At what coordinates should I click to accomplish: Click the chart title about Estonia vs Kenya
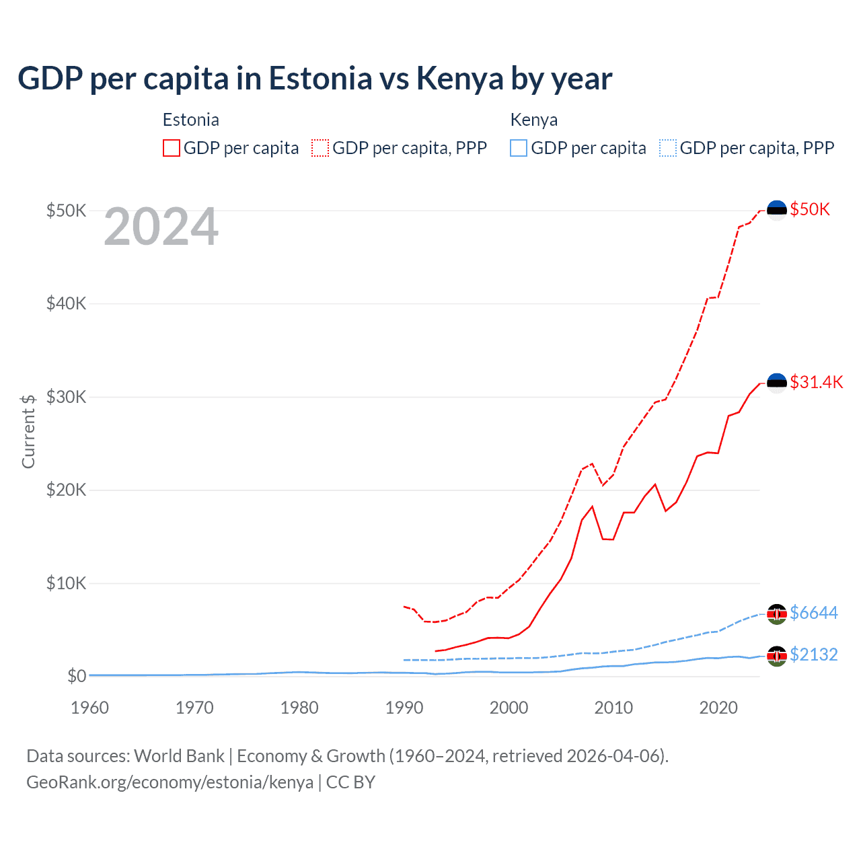coord(315,79)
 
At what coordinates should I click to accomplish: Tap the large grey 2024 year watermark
coord(161,227)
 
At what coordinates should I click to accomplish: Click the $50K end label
coord(810,209)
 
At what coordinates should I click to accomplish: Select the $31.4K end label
coord(816,382)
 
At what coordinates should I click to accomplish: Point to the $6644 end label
coord(813,613)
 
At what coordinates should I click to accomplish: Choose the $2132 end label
coord(813,654)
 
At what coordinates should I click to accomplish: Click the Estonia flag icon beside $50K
coord(777,210)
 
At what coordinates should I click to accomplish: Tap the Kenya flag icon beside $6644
coord(777,613)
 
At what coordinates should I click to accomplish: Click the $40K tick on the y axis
coord(66,303)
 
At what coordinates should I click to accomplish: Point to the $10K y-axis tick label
coord(66,583)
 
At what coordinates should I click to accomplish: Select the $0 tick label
coord(77,676)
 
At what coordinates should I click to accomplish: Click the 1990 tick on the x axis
coord(404,708)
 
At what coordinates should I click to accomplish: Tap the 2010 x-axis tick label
coord(613,708)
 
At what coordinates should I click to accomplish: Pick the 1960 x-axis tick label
coord(89,708)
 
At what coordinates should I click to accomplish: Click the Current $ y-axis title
coord(28,431)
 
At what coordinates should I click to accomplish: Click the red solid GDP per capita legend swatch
coord(172,148)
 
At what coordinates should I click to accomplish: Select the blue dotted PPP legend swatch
coord(668,148)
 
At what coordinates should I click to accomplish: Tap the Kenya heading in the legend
coord(534,120)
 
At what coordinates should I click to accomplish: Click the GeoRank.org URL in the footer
coord(170,782)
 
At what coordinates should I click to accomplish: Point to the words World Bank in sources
coord(179,756)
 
